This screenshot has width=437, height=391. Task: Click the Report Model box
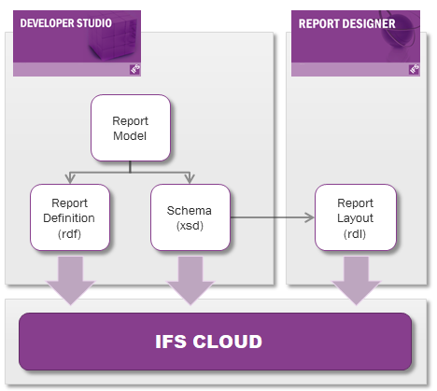click(130, 127)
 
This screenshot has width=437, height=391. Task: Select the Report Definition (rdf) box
click(71, 219)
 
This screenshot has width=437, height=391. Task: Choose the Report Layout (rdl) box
click(355, 219)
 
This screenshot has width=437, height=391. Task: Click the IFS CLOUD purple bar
click(215, 342)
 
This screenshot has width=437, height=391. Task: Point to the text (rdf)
click(71, 234)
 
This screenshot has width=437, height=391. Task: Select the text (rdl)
click(355, 234)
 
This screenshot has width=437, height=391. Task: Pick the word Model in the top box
click(130, 135)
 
